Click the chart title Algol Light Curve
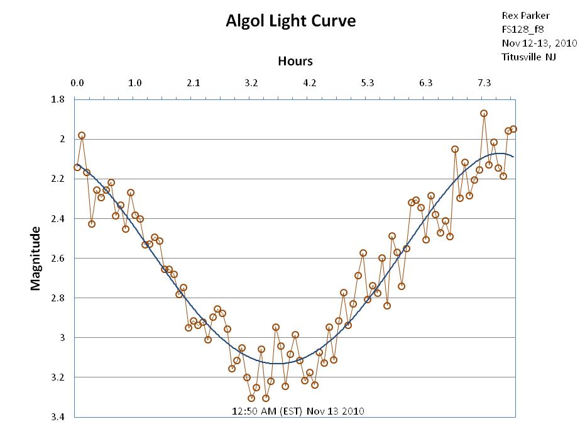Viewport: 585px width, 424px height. point(290,21)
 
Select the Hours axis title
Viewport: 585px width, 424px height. point(295,61)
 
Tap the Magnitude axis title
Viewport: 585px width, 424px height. point(36,259)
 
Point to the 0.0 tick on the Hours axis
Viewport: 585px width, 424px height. point(77,82)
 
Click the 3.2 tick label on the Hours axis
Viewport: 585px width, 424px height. point(251,82)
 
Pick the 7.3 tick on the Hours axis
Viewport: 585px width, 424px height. point(484,82)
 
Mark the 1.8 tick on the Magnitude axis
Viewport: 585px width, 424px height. point(58,99)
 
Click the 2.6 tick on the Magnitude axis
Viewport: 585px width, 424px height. point(58,258)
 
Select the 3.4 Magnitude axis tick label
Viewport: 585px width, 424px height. point(58,416)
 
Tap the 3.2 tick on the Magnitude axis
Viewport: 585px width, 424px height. point(58,377)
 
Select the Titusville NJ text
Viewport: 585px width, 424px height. point(529,57)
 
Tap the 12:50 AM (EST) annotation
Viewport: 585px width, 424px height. point(298,411)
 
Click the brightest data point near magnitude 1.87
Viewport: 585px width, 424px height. point(484,113)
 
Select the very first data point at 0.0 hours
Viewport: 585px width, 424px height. point(77,167)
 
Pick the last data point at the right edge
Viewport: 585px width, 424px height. point(513,129)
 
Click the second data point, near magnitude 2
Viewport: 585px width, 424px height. point(82,135)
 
